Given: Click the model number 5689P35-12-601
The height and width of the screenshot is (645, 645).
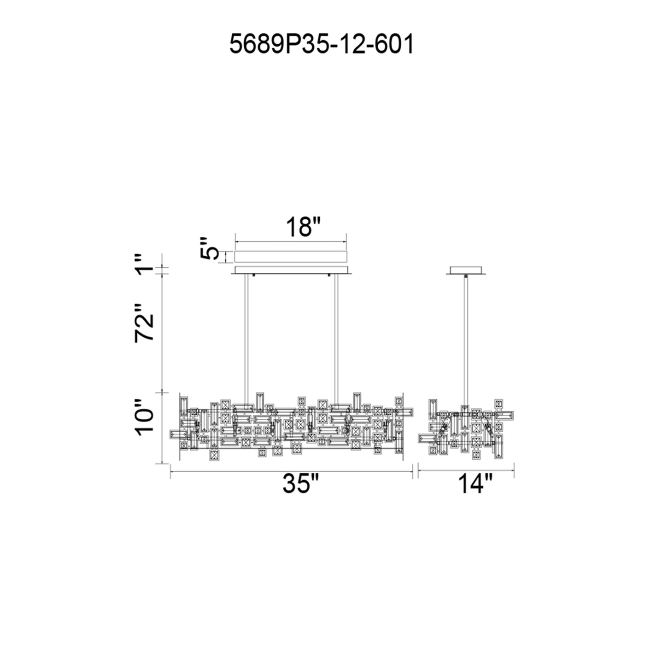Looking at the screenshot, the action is click(321, 45).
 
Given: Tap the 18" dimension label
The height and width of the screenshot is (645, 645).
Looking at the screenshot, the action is click(303, 227).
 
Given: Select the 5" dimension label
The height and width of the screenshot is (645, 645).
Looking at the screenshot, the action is click(209, 249).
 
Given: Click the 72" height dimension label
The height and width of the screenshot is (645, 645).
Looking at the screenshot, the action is click(145, 323).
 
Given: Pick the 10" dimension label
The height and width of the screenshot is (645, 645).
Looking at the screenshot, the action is click(145, 418).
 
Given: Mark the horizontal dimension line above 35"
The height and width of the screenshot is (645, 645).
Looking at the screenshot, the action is click(291, 471).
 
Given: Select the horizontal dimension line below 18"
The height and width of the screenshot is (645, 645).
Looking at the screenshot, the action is click(291, 241).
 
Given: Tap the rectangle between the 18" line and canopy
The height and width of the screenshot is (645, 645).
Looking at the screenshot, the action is click(291, 257).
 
